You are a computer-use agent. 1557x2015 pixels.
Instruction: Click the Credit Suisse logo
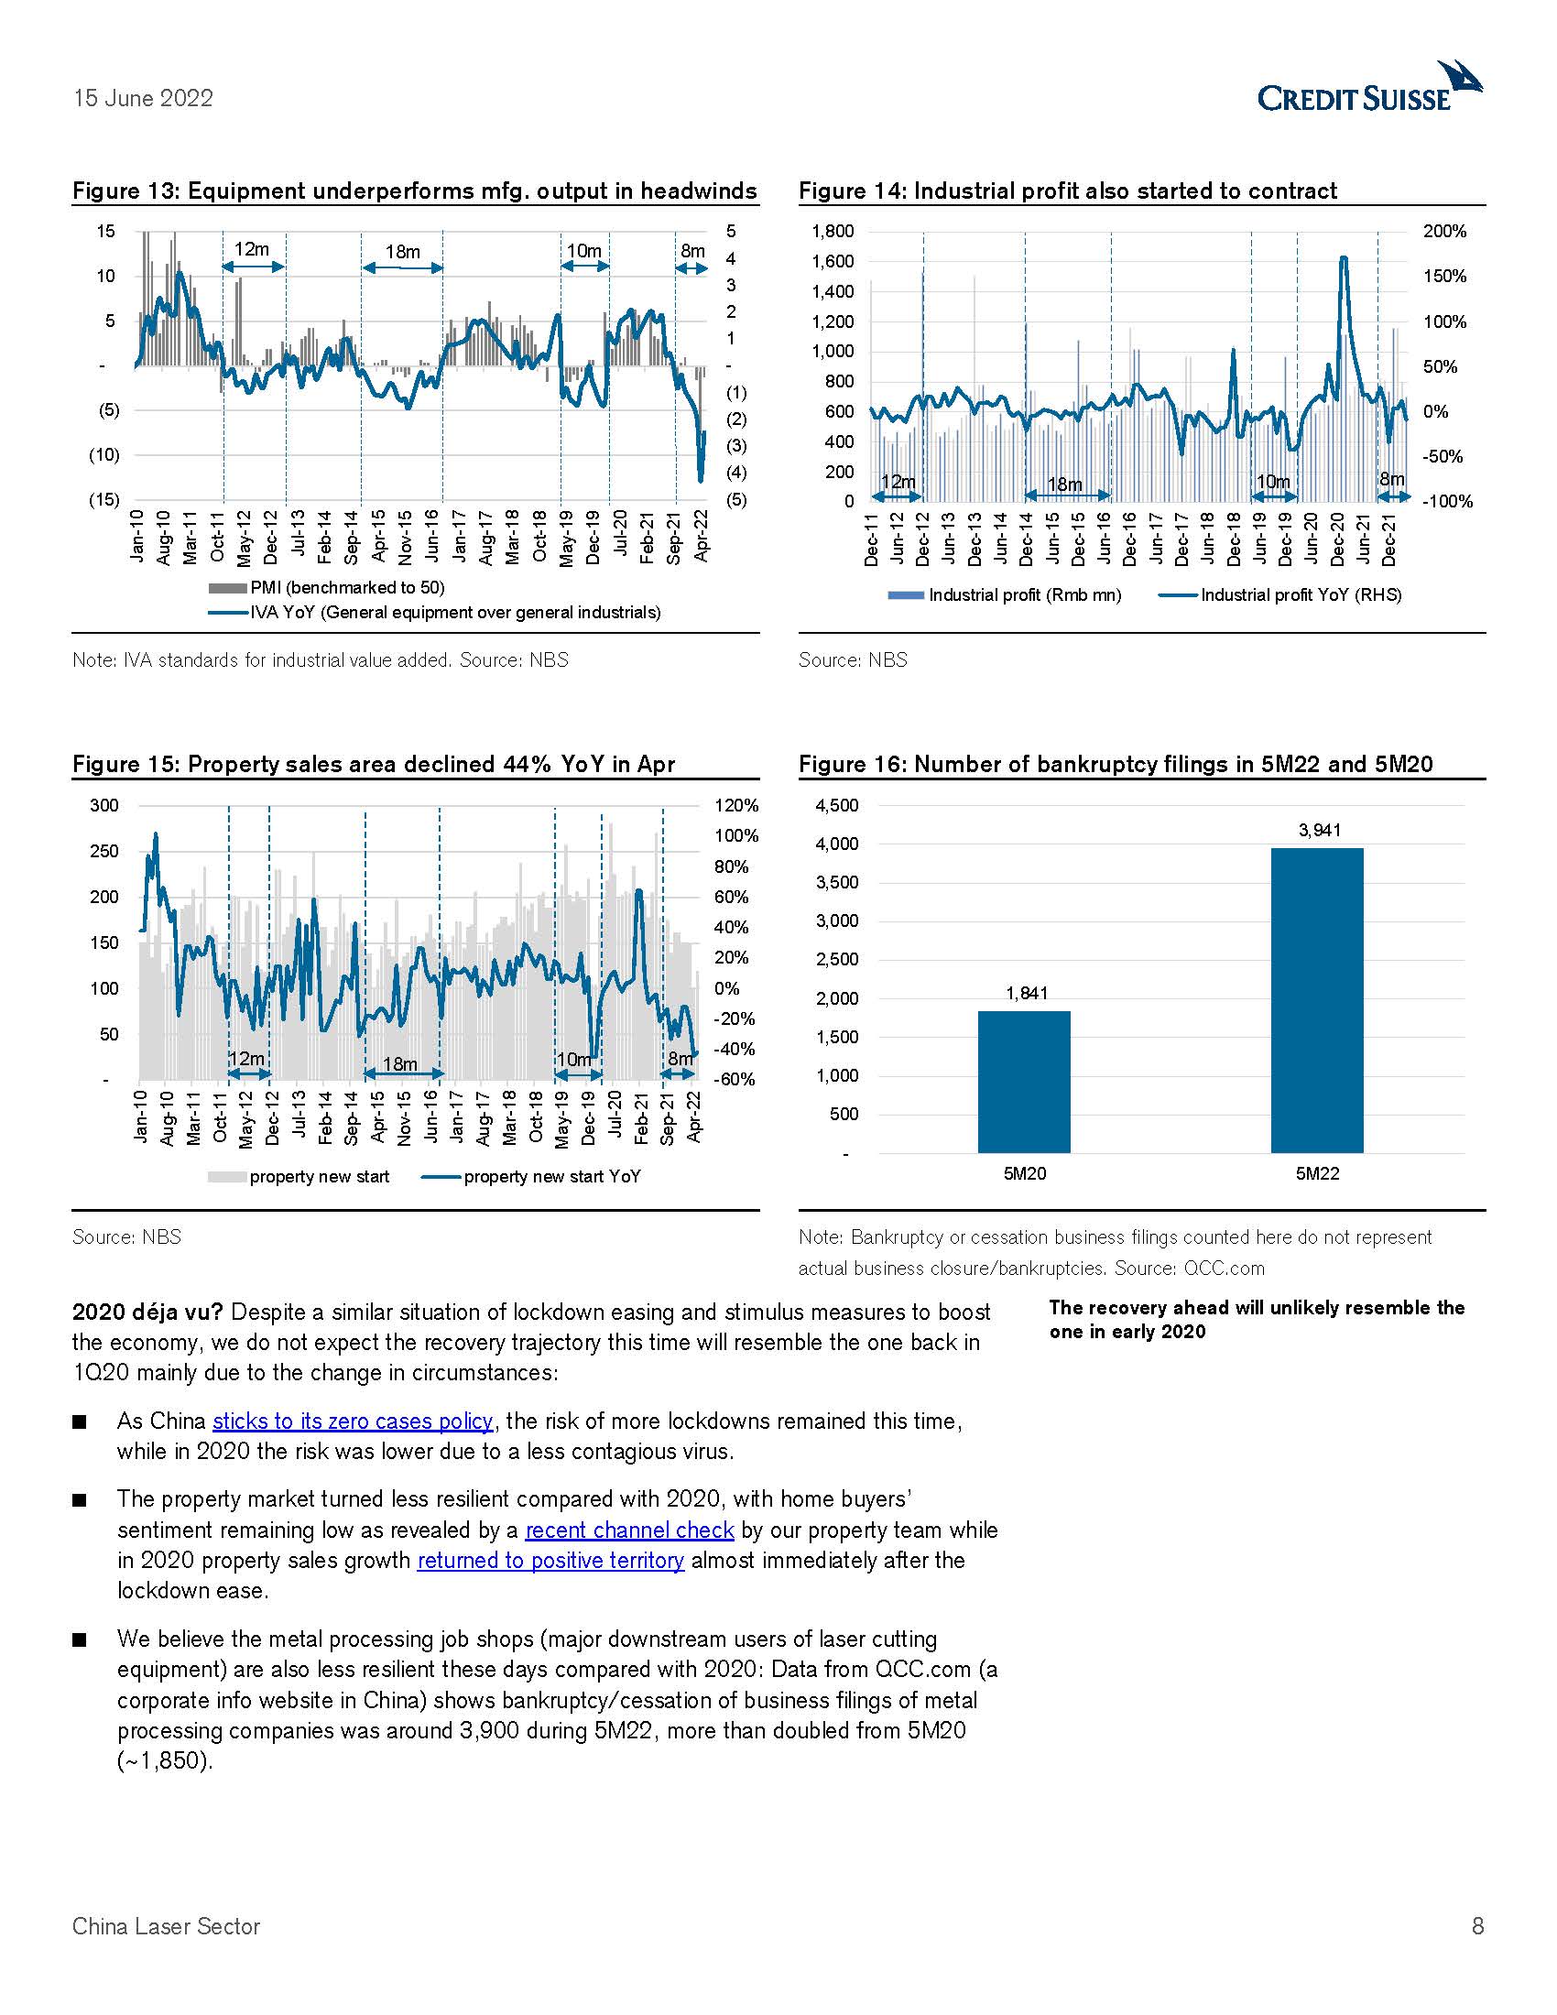(1369, 90)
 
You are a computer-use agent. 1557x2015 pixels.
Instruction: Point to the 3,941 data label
(1319, 831)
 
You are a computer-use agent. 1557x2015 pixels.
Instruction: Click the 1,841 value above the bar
(1026, 993)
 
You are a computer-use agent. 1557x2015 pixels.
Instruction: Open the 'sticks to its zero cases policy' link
(353, 1421)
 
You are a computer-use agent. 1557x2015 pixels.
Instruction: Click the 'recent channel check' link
(629, 1530)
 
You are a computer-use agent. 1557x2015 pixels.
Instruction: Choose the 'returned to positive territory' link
(550, 1560)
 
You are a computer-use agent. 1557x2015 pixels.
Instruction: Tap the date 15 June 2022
(143, 99)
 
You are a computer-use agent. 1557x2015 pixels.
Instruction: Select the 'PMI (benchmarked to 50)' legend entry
(347, 588)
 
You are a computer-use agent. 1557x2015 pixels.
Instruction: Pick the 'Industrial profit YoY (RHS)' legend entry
(1300, 595)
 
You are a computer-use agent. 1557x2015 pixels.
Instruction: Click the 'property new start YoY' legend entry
(550, 1176)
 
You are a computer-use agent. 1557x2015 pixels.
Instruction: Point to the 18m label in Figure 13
(402, 252)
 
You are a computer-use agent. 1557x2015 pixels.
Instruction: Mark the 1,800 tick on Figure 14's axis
(832, 232)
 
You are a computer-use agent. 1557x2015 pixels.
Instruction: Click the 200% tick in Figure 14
(1443, 232)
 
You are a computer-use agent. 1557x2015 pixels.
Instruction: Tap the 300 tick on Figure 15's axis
(104, 805)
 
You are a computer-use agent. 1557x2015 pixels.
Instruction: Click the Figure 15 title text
(374, 764)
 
